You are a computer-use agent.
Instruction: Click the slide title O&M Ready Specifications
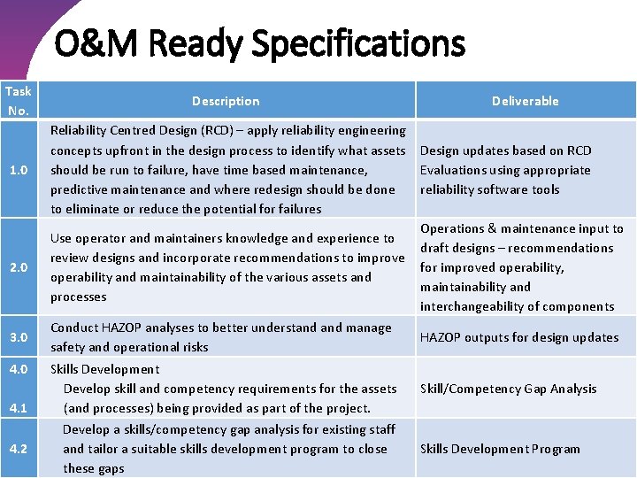260,42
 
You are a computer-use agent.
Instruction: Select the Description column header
226,101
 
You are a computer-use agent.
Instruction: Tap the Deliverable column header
526,101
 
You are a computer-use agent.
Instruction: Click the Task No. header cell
19,101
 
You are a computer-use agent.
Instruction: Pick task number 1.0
19,170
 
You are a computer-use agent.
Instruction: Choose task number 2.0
19,267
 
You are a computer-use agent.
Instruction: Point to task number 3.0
19,337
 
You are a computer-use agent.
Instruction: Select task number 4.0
19,369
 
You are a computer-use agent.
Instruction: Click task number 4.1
19,408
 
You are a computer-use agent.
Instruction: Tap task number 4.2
19,449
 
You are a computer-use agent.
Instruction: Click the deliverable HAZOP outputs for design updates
519,337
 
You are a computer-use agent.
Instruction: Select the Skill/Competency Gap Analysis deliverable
509,389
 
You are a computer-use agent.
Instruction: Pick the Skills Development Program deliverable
500,449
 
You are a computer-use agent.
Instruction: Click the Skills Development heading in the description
105,369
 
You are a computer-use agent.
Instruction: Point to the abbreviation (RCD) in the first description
228,131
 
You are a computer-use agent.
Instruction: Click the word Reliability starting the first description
81,131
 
